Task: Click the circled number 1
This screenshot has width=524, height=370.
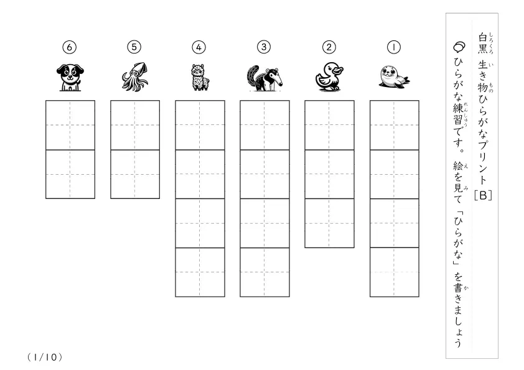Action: (394, 47)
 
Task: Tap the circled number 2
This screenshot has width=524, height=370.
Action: (329, 47)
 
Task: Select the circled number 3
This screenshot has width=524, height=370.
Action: (264, 47)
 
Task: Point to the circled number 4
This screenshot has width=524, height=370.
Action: (199, 47)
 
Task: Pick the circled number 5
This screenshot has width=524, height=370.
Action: (134, 47)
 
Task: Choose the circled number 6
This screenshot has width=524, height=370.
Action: (70, 47)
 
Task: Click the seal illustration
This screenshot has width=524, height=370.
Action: (394, 77)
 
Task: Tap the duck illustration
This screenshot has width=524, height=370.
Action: (329, 76)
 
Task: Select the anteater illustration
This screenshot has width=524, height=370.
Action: (264, 78)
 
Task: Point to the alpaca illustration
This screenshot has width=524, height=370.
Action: (200, 77)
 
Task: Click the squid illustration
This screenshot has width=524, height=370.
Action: (134, 76)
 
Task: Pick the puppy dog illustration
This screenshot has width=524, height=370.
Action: (70, 78)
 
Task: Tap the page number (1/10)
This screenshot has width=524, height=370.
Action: (45, 358)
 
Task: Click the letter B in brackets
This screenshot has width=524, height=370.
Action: (483, 195)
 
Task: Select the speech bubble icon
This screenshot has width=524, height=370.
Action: (459, 47)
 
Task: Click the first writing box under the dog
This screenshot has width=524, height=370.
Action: (70, 125)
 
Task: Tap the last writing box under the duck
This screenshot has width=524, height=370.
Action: (329, 223)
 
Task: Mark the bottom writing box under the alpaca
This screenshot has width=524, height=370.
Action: (200, 272)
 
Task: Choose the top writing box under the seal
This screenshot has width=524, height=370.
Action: (395, 125)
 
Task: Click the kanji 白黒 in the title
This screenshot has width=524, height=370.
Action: (483, 43)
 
